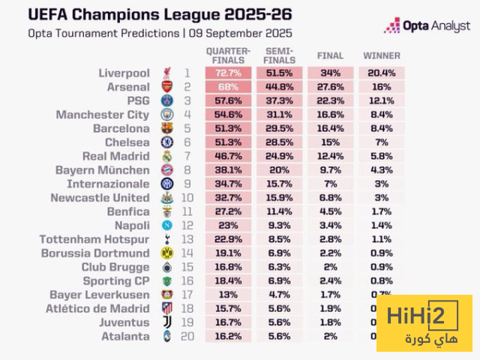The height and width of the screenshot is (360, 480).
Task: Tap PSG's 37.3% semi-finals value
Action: tap(278, 100)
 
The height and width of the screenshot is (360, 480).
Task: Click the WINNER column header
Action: tap(382, 55)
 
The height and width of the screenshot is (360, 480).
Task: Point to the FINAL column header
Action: tap(331, 55)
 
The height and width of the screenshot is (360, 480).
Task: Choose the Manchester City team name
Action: tap(103, 115)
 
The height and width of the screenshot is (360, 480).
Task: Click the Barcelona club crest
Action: tap(166, 129)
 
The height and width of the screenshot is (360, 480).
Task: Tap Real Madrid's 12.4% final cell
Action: tap(331, 156)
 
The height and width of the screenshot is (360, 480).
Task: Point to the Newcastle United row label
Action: tap(100, 198)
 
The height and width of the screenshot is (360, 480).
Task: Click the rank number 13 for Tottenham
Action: tap(186, 239)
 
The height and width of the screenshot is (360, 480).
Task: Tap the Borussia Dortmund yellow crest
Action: tap(166, 253)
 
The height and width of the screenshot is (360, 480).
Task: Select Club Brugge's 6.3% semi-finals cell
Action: tap(278, 267)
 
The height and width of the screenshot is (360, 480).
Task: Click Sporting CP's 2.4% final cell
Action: tap(331, 281)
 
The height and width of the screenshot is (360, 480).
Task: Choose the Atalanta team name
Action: tap(126, 337)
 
